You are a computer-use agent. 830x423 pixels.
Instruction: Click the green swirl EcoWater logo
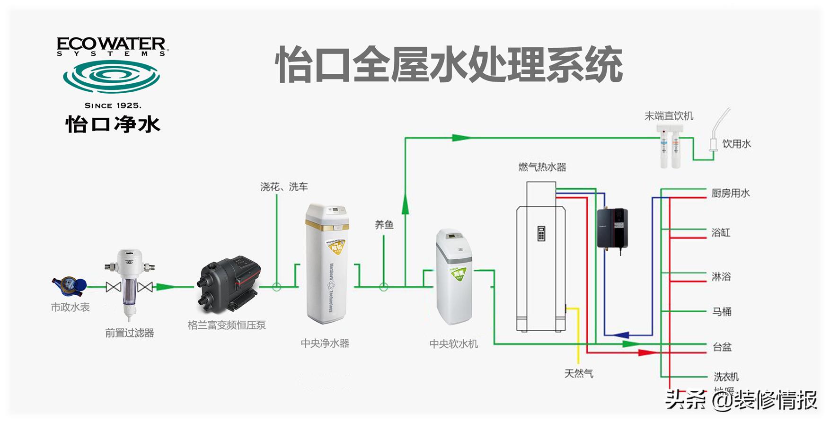112,76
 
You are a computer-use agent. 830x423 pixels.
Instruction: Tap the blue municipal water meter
69,285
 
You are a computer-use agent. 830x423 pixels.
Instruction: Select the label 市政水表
70,308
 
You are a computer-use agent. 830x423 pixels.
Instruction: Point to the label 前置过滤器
130,333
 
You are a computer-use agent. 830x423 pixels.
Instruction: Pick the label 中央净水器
325,344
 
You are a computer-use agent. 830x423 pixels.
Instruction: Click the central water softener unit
454,276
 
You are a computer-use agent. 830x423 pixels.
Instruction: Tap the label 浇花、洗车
284,187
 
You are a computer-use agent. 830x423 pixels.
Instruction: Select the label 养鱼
384,225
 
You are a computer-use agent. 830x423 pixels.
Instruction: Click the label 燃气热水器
542,167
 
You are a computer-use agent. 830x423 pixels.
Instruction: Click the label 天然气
578,374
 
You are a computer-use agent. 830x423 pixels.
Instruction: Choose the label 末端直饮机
669,116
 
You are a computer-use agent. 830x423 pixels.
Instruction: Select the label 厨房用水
731,193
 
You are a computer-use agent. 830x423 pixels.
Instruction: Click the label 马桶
722,311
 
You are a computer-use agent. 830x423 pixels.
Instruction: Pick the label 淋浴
721,276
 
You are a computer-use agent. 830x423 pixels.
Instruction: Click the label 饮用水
736,144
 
